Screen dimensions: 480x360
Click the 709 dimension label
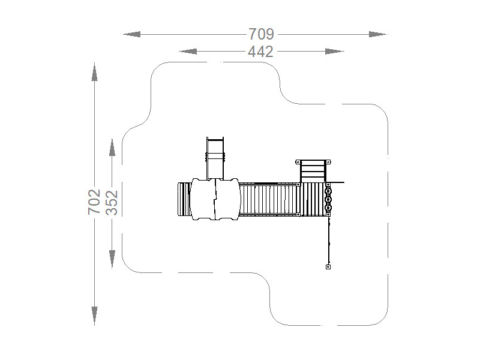click(x=261, y=34)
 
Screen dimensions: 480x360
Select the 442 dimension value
click(x=260, y=52)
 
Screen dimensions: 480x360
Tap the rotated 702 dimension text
click(x=94, y=202)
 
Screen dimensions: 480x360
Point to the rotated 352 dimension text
click(x=112, y=203)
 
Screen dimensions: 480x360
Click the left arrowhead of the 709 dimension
click(x=132, y=34)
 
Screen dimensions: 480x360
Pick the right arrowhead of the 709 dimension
click(x=378, y=34)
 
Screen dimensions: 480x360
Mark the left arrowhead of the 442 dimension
click(x=188, y=52)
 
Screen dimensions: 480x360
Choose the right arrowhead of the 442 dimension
click(x=335, y=52)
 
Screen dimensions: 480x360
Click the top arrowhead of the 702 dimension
click(x=94, y=72)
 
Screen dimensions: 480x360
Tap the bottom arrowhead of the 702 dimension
click(x=94, y=316)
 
